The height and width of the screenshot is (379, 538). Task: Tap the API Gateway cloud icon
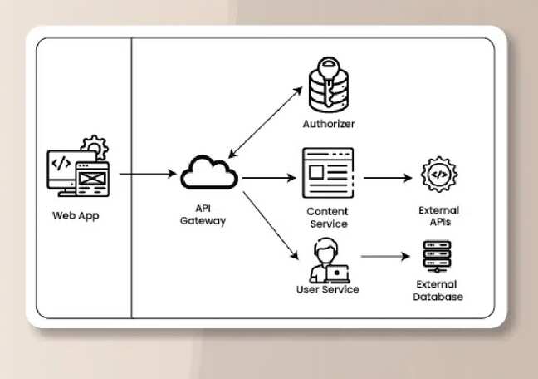click(209, 172)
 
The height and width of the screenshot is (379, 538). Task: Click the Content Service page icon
click(327, 172)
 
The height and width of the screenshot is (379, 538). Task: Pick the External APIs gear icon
click(438, 176)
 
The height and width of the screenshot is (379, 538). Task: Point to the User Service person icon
click(326, 261)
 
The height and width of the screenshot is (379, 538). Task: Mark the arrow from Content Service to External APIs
click(388, 177)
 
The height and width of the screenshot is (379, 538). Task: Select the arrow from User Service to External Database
click(387, 258)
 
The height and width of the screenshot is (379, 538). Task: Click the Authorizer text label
click(328, 125)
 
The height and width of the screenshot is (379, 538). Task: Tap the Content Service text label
click(327, 218)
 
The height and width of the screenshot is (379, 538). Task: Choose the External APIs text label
click(438, 216)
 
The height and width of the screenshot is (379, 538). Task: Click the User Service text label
click(327, 289)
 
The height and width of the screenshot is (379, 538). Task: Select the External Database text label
click(439, 290)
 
